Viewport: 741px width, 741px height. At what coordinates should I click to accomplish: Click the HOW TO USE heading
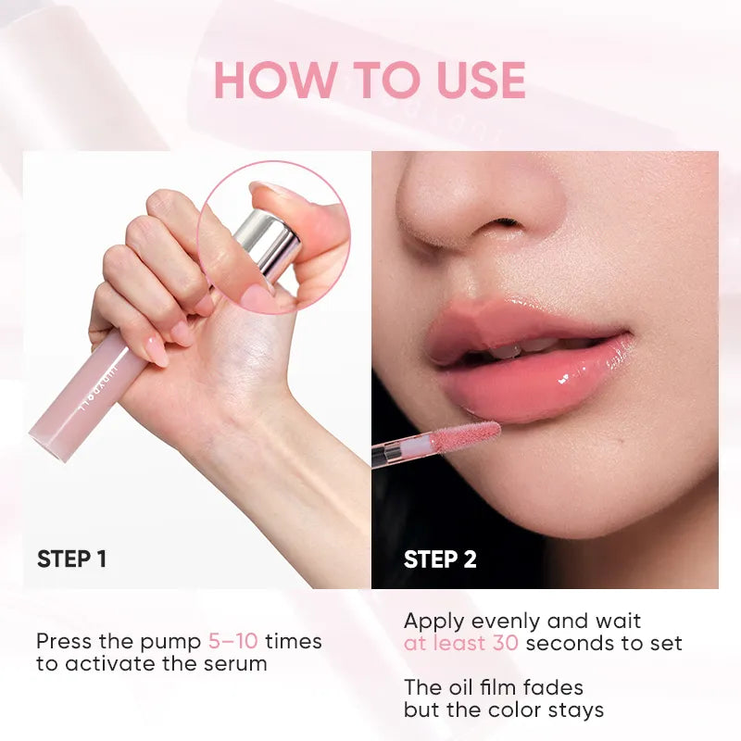pos(370,81)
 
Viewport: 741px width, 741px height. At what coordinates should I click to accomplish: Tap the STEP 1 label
pos(71,559)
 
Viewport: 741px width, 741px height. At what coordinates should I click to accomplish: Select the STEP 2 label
pos(440,559)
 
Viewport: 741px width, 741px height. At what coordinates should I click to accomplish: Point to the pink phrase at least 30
pos(460,643)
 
